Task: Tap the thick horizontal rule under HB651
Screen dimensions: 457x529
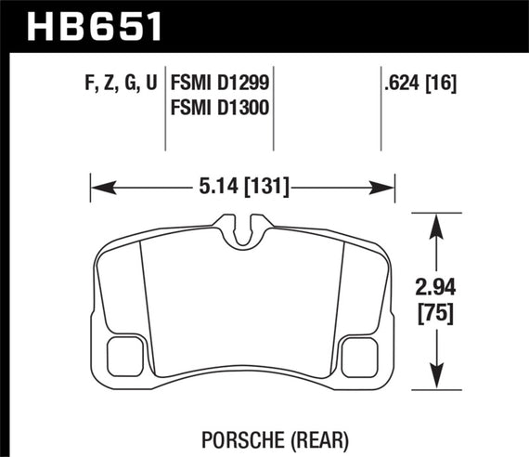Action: coord(264,52)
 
